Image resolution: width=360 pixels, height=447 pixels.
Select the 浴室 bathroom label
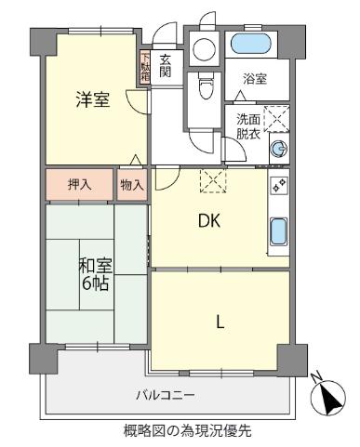pyautogui.click(x=255, y=79)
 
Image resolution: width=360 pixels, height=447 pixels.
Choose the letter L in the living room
pyautogui.click(x=220, y=322)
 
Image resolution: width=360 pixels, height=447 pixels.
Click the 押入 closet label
pyautogui.click(x=80, y=184)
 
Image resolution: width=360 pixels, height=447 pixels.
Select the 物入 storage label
pyautogui.click(x=131, y=184)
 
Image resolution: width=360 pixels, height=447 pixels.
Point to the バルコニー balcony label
pyautogui.click(x=166, y=395)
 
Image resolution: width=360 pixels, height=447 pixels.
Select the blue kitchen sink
pyautogui.click(x=278, y=230)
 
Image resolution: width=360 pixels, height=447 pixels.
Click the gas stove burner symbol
pyautogui.click(x=278, y=184)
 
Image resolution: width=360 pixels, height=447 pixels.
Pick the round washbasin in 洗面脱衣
pyautogui.click(x=278, y=148)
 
